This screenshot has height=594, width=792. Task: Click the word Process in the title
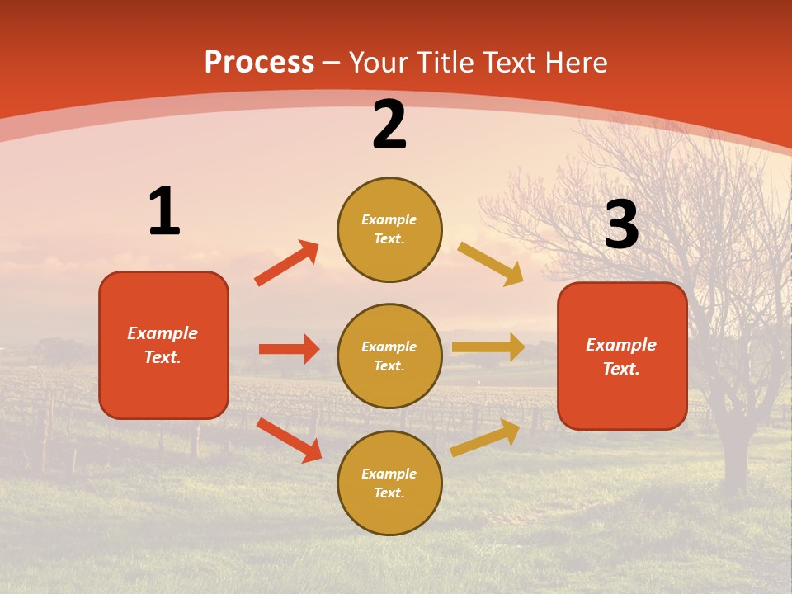pyautogui.click(x=259, y=63)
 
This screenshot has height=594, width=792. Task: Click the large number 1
pyautogui.click(x=164, y=211)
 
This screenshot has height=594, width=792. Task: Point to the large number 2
pyautogui.click(x=389, y=125)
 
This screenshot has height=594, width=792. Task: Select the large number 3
pyautogui.click(x=621, y=225)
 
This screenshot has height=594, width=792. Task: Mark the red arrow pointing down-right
pyautogui.click(x=289, y=439)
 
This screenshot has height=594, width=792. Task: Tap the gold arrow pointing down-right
pyautogui.click(x=490, y=263)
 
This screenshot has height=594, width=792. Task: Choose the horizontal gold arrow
pyautogui.click(x=488, y=347)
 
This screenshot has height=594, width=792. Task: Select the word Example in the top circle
pyautogui.click(x=389, y=220)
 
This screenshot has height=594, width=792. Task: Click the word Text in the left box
pyautogui.click(x=163, y=357)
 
